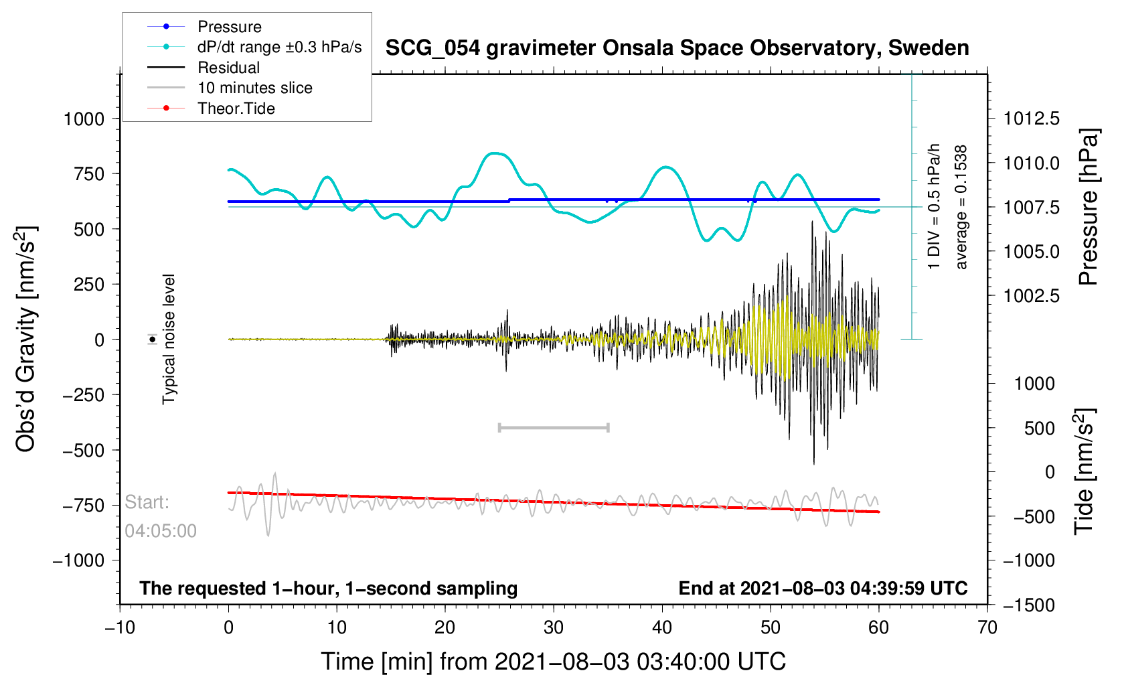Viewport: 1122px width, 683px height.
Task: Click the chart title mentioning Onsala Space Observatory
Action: tap(677, 48)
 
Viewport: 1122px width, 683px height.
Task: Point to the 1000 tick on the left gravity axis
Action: tap(84, 119)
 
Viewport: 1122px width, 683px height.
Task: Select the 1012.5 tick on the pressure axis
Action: tap(1032, 119)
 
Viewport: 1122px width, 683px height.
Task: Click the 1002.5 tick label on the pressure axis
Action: tap(1032, 296)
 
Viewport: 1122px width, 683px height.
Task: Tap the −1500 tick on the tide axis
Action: tap(1029, 605)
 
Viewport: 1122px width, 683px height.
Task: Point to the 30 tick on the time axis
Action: tap(554, 627)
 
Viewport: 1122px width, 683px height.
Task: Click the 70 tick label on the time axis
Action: tap(987, 627)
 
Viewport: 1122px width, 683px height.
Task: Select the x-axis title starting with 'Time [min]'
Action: tap(554, 662)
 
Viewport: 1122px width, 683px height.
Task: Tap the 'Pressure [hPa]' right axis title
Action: tap(1089, 208)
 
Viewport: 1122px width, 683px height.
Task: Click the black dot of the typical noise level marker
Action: tap(152, 339)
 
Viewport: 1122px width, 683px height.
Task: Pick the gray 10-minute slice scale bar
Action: tap(554, 427)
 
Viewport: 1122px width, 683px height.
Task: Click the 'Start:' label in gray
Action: tap(147, 502)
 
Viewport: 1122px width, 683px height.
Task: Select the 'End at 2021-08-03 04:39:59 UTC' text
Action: tap(823, 589)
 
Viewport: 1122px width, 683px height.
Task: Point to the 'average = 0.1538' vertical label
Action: tap(961, 207)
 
